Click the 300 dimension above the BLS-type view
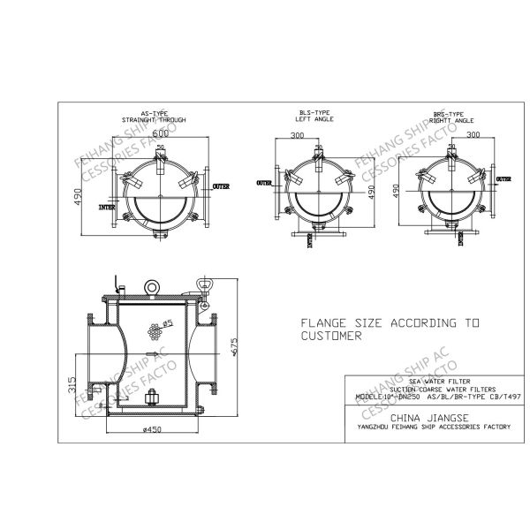pos(297,136)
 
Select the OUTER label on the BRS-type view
pos(503,178)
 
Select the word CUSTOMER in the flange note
pos(331,337)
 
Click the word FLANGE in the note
pos(324,323)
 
